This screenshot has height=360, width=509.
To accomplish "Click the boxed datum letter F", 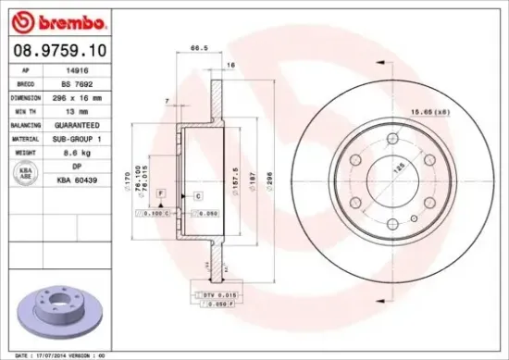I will pos(160,191).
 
